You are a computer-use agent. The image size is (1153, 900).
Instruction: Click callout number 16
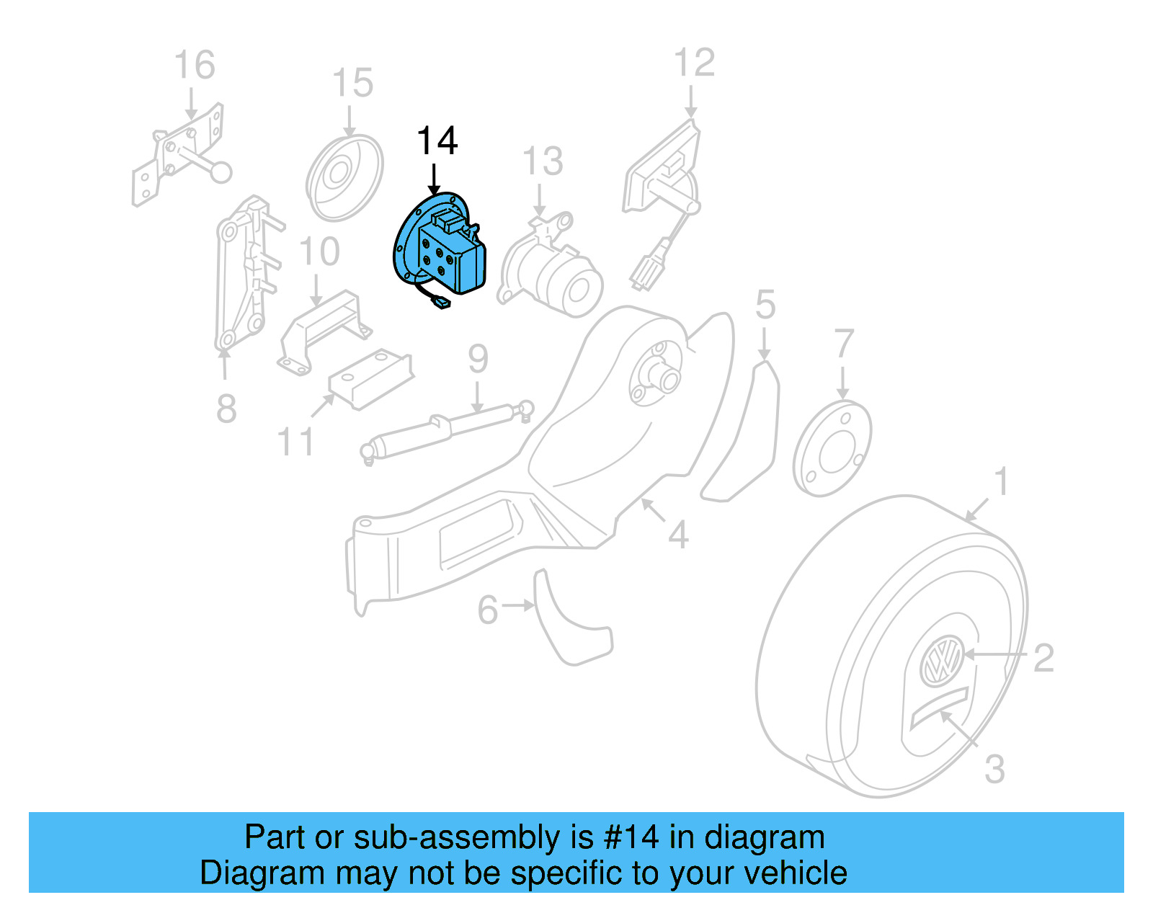point(195,66)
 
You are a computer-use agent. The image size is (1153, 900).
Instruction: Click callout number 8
point(226,409)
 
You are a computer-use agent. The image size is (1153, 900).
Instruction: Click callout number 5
point(765,305)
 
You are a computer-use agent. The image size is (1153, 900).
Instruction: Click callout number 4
point(677,535)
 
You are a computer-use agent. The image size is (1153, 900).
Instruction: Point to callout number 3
point(994,770)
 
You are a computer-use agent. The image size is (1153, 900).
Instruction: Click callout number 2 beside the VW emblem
point(1043,658)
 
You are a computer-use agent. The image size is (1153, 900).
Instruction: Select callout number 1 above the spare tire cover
point(1000,481)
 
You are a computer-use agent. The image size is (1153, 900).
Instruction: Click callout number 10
point(319,252)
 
